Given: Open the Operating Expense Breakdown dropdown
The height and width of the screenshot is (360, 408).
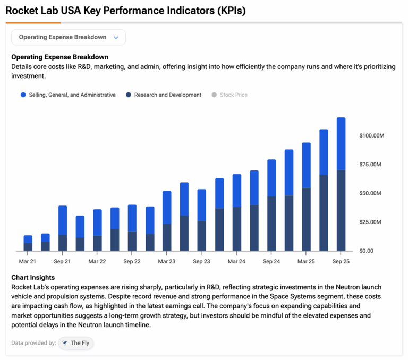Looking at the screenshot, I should (x=69, y=37).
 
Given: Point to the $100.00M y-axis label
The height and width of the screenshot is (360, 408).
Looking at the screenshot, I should (x=372, y=136).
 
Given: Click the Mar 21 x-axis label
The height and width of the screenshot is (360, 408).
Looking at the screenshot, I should (x=28, y=261).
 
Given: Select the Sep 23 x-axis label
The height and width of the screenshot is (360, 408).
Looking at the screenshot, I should (x=201, y=261).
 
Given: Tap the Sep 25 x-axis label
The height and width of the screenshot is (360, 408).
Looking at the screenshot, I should (x=341, y=261).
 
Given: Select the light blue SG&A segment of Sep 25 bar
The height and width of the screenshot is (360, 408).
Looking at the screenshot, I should (x=341, y=143).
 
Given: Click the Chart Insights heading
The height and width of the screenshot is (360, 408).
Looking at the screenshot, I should (x=33, y=277).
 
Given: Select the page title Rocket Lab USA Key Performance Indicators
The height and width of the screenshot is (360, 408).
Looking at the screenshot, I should (x=125, y=11).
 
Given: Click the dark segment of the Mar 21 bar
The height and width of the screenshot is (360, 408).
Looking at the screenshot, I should (x=28, y=247).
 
